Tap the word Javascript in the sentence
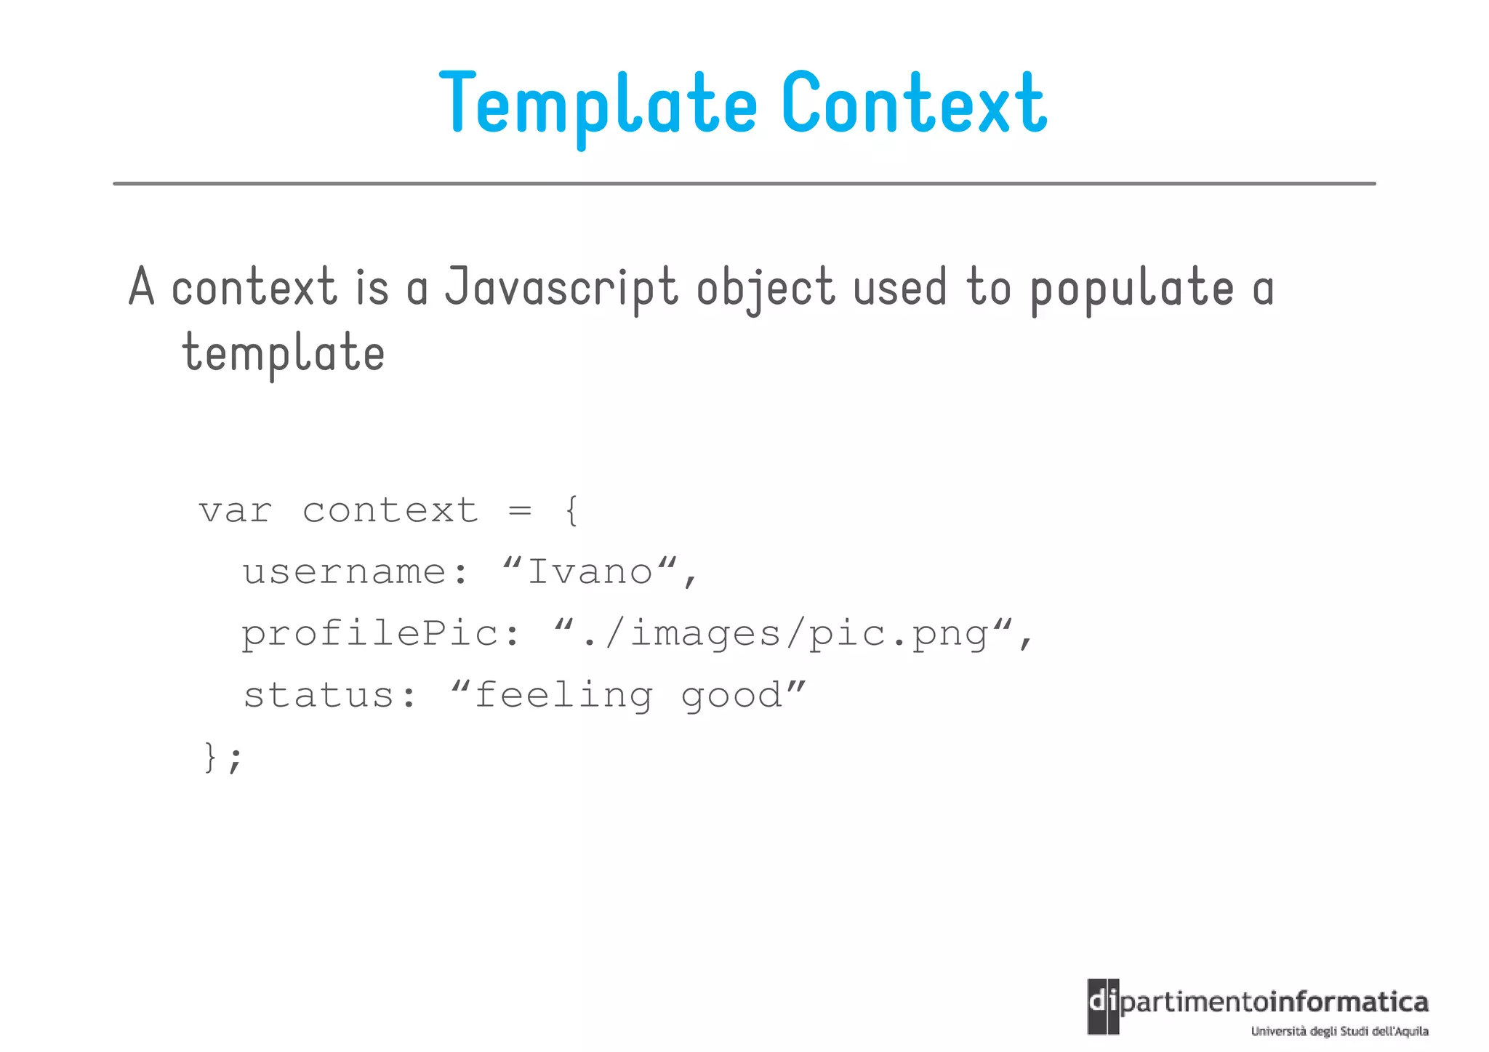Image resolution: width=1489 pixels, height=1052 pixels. (x=561, y=288)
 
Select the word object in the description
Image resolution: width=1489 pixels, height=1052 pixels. (x=766, y=288)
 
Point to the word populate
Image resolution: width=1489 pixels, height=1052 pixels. (x=1132, y=288)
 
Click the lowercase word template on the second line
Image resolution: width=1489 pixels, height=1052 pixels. (x=284, y=353)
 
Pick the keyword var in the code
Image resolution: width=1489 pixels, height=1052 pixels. (x=236, y=510)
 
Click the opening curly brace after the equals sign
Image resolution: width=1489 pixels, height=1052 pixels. (x=572, y=510)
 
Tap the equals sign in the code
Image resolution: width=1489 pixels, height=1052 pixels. (x=520, y=510)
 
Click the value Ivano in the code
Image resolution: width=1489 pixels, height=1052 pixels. (x=590, y=572)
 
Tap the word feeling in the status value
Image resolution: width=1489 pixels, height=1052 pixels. (x=563, y=696)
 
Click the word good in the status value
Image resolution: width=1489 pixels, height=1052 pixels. (x=731, y=696)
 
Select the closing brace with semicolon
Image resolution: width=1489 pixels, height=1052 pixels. (x=221, y=758)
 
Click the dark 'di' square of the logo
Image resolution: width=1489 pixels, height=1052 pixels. (x=1103, y=1006)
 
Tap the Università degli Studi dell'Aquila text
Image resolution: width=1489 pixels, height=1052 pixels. (x=1339, y=1031)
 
